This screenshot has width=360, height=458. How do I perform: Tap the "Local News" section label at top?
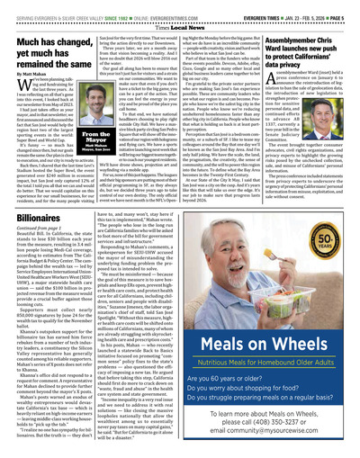tap(180, 17)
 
